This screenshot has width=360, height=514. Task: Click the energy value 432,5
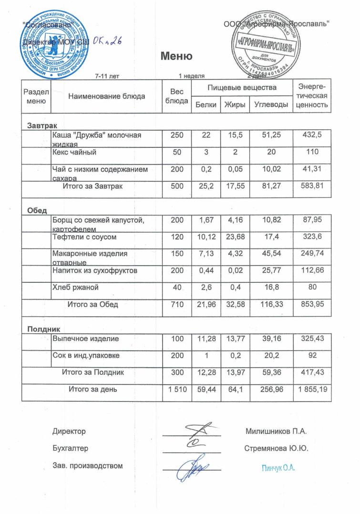[x=312, y=135]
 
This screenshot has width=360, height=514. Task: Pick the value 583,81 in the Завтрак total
[x=312, y=186]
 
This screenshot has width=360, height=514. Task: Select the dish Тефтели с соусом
[x=84, y=237]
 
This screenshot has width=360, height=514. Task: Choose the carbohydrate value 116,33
[x=271, y=304]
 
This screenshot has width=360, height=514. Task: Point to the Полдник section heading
[x=42, y=329]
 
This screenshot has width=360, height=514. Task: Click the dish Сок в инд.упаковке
[x=86, y=355]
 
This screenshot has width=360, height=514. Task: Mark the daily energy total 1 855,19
[x=312, y=390]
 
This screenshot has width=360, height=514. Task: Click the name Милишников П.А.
[x=276, y=432]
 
